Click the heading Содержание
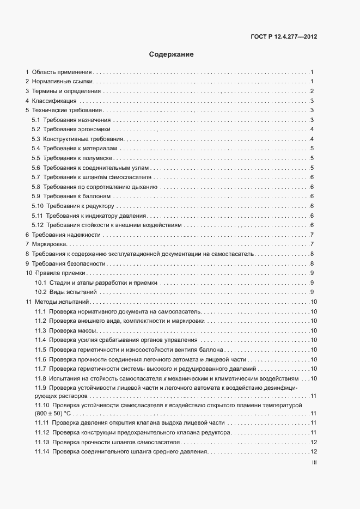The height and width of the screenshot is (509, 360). click(x=171, y=54)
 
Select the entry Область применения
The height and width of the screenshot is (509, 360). click(x=62, y=72)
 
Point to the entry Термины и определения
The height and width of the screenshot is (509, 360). click(x=66, y=91)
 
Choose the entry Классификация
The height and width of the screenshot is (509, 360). click(x=54, y=101)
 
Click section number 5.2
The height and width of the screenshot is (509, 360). click(x=36, y=129)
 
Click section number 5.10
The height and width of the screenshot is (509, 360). click(x=38, y=205)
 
